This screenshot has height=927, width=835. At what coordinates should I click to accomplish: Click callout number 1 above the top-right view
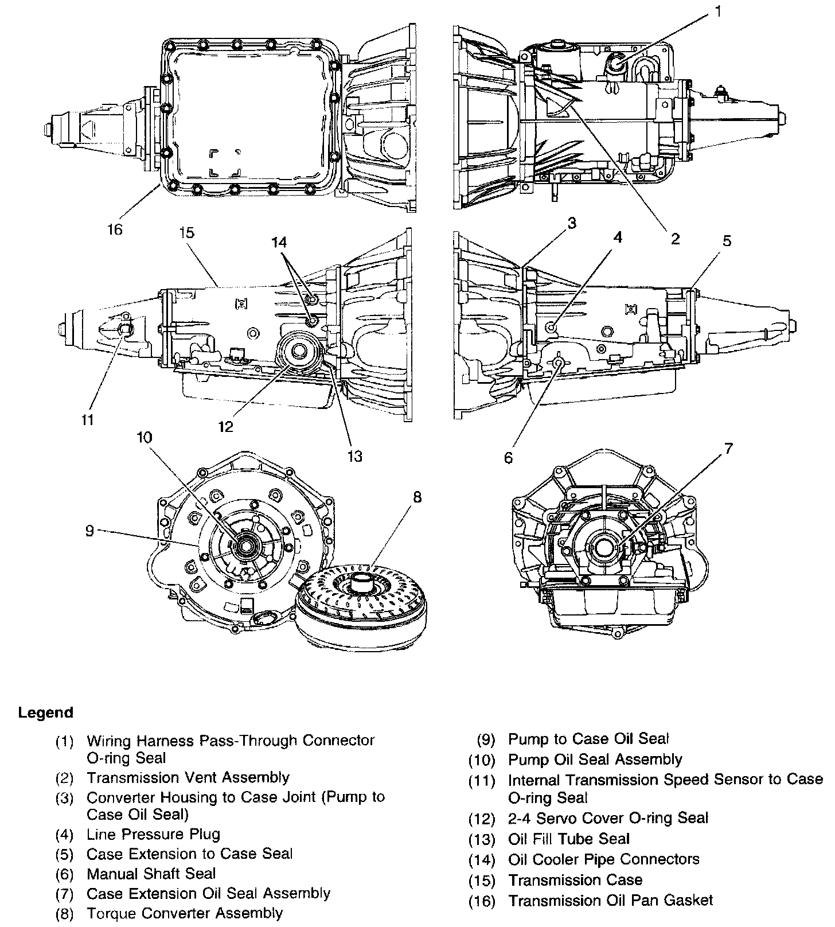(718, 11)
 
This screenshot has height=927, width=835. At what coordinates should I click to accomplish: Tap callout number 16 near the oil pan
(115, 229)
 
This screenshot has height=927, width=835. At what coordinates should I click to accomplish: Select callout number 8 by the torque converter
(417, 497)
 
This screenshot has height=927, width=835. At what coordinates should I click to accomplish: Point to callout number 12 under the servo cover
(226, 427)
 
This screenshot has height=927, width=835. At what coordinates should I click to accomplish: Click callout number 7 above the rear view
(728, 449)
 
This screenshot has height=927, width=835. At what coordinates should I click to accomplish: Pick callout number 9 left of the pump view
(89, 531)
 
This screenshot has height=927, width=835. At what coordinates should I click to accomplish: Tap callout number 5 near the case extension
(727, 241)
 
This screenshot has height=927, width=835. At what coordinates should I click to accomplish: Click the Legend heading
(46, 712)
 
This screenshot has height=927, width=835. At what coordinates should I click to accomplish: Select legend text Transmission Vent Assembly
(188, 777)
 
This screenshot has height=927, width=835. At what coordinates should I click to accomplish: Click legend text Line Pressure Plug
(153, 834)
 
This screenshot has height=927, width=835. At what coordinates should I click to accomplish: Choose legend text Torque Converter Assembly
(184, 912)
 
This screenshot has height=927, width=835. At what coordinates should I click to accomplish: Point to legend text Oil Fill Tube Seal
(569, 839)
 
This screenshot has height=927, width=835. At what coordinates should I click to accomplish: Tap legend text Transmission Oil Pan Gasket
(610, 900)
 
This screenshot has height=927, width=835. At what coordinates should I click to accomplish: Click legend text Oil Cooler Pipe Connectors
(603, 859)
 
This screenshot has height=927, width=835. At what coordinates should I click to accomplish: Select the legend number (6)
(65, 874)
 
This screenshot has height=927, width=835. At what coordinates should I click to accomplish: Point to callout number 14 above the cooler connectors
(279, 243)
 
